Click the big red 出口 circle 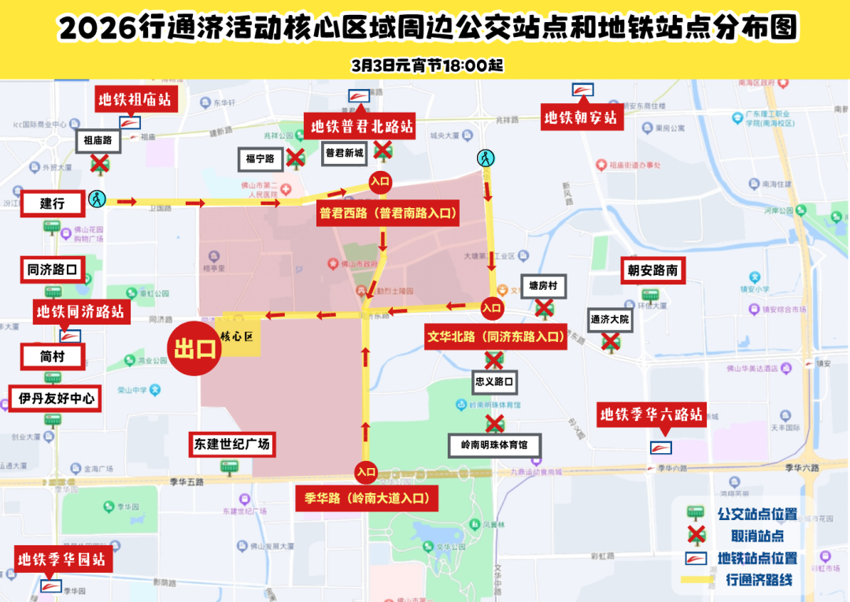(x=194, y=348)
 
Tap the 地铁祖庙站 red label (x=134, y=100)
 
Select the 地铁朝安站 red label (x=581, y=119)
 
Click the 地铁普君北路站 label (x=362, y=126)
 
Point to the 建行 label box (x=53, y=203)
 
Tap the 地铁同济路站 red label (x=80, y=311)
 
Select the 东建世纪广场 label (x=232, y=444)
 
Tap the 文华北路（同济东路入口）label (x=495, y=336)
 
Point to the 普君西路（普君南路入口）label (x=388, y=213)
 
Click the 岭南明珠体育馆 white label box (x=494, y=445)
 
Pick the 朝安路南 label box (x=652, y=270)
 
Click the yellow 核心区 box (x=237, y=337)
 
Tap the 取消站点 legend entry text (x=757, y=536)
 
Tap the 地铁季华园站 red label (x=61, y=559)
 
